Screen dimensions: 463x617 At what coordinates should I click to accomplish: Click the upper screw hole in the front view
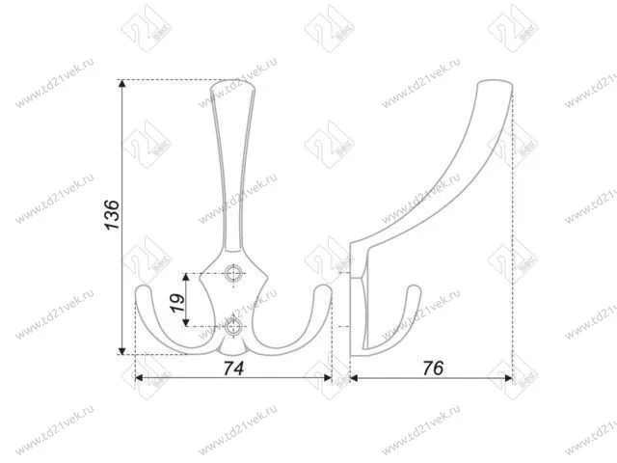pyautogui.click(x=232, y=275)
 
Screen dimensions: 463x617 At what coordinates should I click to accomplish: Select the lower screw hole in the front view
pyautogui.click(x=232, y=324)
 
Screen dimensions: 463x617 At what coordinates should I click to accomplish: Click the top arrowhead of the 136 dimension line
pyautogui.click(x=123, y=85)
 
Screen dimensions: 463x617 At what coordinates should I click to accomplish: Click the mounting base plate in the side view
pyautogui.click(x=358, y=304)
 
